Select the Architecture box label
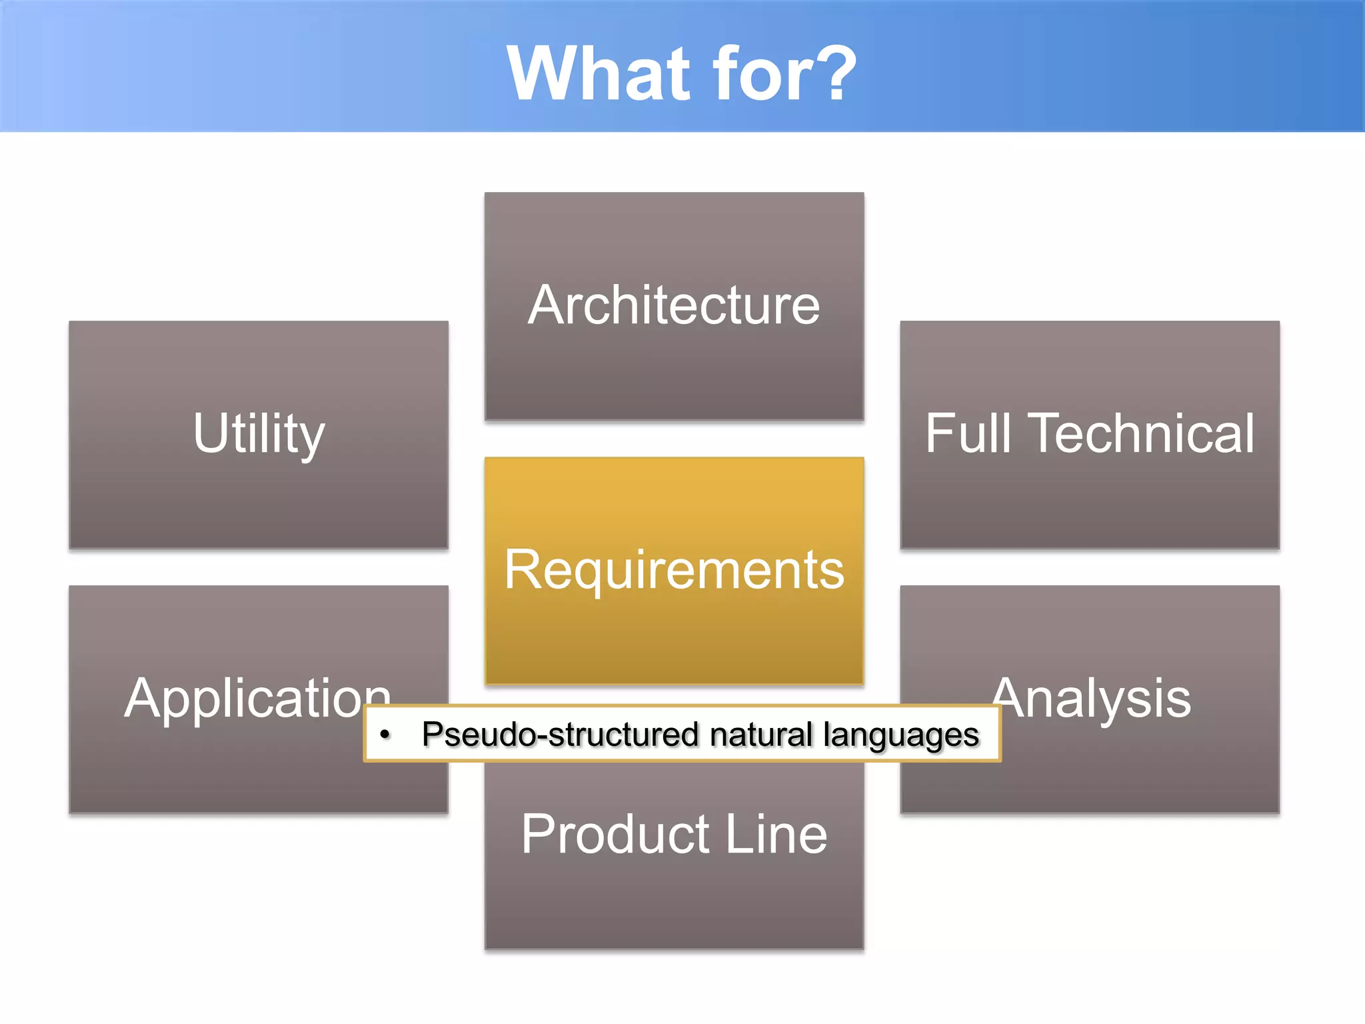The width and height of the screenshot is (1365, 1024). point(674,305)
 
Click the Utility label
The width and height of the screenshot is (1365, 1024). point(259,434)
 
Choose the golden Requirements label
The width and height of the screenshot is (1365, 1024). point(674,570)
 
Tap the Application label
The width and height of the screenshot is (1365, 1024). point(257,699)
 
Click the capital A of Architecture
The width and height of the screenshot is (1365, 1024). point(548,305)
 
